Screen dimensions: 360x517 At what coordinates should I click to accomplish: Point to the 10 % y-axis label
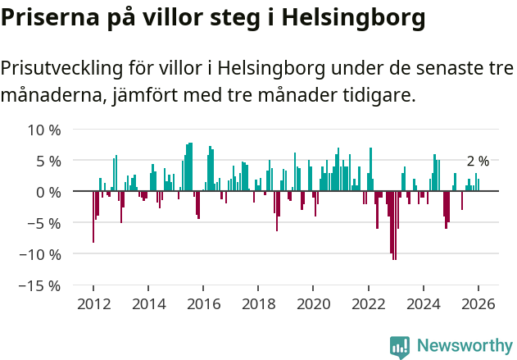click(44, 130)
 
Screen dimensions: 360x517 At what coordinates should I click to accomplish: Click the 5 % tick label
click(48, 161)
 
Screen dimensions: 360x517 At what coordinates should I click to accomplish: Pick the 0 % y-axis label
click(48, 192)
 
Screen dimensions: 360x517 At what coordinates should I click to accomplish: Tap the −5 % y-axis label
click(45, 223)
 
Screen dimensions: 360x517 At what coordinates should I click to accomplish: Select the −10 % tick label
click(42, 254)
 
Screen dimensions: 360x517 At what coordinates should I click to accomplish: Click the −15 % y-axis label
click(42, 285)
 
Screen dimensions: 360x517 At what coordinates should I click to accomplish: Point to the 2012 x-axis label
click(93, 303)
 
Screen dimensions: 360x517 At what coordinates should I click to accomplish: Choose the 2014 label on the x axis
click(148, 303)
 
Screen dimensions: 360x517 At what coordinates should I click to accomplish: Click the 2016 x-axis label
click(203, 303)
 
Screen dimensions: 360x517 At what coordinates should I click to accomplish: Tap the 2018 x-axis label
click(258, 303)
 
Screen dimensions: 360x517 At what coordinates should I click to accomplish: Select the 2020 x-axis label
click(313, 303)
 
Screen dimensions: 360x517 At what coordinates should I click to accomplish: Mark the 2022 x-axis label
click(368, 303)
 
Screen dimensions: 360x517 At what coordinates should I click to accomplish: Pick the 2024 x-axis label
click(424, 303)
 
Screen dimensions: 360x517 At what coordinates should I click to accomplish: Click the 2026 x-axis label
click(478, 303)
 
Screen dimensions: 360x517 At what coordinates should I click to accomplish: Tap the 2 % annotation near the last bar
click(478, 162)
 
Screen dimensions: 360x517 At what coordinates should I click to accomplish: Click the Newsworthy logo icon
click(400, 346)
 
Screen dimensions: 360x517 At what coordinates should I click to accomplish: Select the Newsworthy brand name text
click(464, 346)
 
